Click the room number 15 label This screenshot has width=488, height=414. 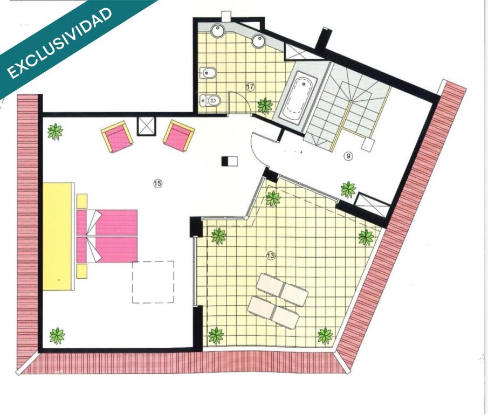pos(158,183)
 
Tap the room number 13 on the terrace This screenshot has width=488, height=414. pos(271,256)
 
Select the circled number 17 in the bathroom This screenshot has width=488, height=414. pos(250,87)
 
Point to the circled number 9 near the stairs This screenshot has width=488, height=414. pos(348,156)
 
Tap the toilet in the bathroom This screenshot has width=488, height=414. pos(210,100)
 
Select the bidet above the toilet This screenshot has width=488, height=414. pos(207,73)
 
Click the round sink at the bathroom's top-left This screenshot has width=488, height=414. pos(218,31)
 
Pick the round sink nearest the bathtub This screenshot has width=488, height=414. pos(258,41)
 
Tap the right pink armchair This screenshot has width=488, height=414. pos(178,136)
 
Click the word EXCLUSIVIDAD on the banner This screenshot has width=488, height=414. pos(59,43)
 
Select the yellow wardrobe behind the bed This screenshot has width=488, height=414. pos(57,237)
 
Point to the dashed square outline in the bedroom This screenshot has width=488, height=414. pos(153,282)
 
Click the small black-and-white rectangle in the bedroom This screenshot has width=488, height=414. pos(229,161)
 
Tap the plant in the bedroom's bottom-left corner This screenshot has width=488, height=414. pos(57,336)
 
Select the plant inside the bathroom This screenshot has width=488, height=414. pos(265,106)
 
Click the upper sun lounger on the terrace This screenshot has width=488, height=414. pos(282,290)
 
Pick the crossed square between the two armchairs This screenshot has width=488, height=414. pos(146,126)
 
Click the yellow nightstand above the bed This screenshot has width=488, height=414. pos(82,201)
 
